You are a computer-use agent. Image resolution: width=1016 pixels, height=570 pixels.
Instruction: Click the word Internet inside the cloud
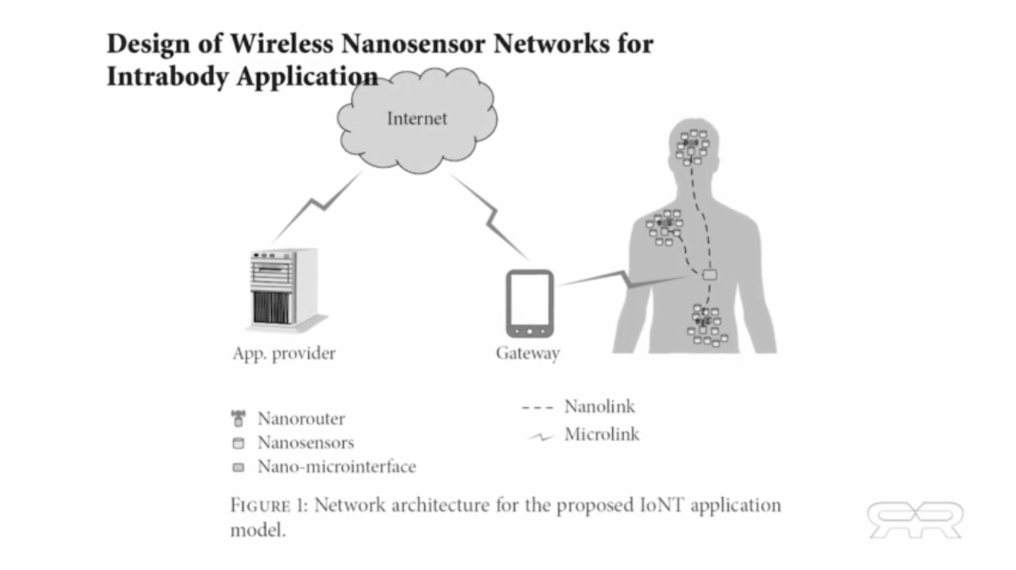[x=417, y=119]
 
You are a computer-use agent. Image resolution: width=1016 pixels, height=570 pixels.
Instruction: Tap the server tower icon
[x=283, y=288]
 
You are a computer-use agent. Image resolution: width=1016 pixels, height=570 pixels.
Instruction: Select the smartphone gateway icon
[x=530, y=303]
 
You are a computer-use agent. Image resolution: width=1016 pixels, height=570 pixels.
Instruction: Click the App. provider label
[x=284, y=353]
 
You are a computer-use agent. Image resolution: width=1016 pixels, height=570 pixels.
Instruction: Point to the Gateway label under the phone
[x=527, y=353]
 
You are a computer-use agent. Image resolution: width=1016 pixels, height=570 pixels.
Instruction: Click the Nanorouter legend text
[x=301, y=418]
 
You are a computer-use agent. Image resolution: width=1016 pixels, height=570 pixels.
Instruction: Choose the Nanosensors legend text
[x=306, y=442]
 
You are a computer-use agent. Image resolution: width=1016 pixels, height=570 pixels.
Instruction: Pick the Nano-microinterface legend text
[x=336, y=466]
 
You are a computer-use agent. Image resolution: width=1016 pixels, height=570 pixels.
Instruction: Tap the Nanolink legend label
[x=599, y=407]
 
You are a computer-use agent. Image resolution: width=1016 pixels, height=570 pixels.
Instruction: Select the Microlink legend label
[x=602, y=435]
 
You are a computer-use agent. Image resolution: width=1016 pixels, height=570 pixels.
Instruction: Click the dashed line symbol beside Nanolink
[x=537, y=407]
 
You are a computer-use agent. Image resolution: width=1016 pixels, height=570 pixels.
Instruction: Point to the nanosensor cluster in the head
[x=692, y=147]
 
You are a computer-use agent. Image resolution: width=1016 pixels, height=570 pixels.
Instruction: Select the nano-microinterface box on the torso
[x=710, y=274]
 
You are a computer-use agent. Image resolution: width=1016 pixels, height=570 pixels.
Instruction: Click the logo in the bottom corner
[x=914, y=519]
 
